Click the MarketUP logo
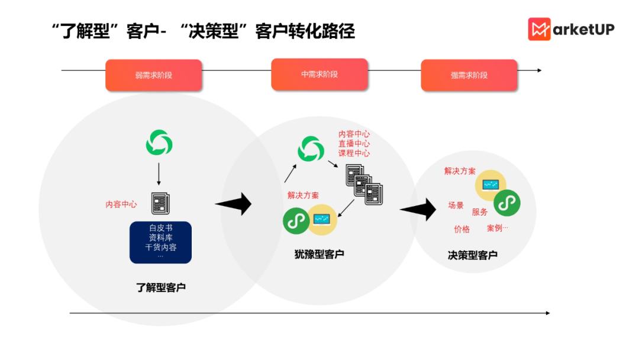pos(570,29)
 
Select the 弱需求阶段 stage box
pos(154,75)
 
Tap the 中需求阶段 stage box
pos(319,75)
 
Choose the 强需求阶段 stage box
pos(469,75)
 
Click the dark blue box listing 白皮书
pos(161,242)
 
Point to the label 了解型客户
pos(161,288)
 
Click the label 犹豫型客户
pos(319,254)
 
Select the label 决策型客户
pos(473,255)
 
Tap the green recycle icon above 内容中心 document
pos(159,143)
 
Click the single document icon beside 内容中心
pos(160,203)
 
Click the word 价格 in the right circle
pos(462,229)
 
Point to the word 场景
pos(456,205)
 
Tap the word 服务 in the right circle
pos(480,211)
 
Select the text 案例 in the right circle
pos(496,228)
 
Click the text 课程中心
pos(354,153)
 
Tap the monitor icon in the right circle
pos(490,185)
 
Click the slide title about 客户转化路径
pos(204,31)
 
